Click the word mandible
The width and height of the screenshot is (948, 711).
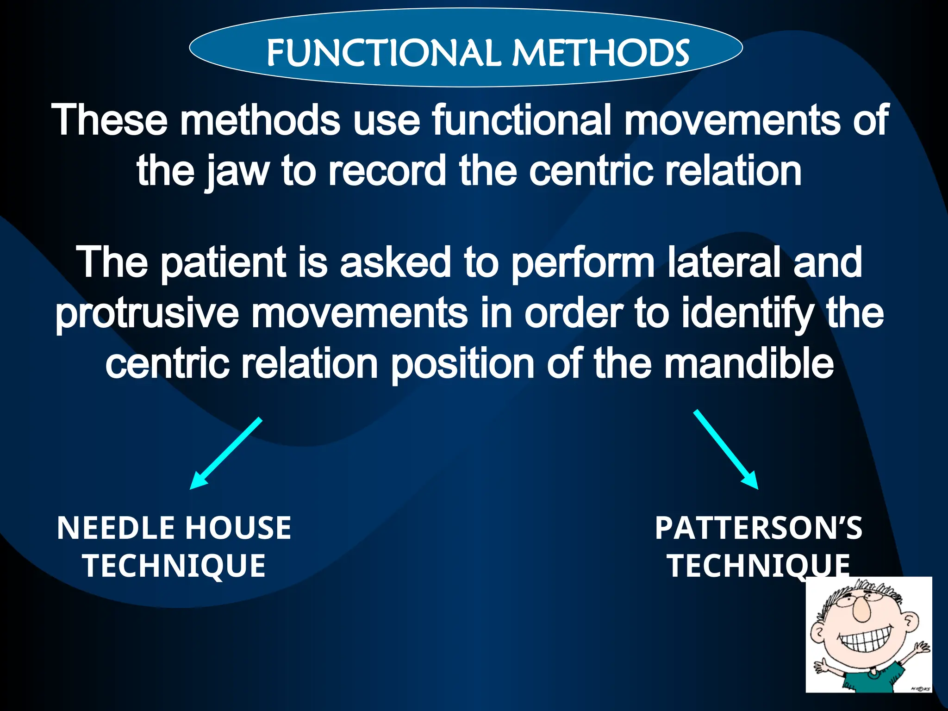[748, 364]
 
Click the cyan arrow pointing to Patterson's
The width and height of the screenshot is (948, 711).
[726, 449]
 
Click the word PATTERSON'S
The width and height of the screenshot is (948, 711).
[758, 528]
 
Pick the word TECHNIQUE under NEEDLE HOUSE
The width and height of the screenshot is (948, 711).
[174, 566]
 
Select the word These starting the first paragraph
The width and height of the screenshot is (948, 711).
[109, 120]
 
